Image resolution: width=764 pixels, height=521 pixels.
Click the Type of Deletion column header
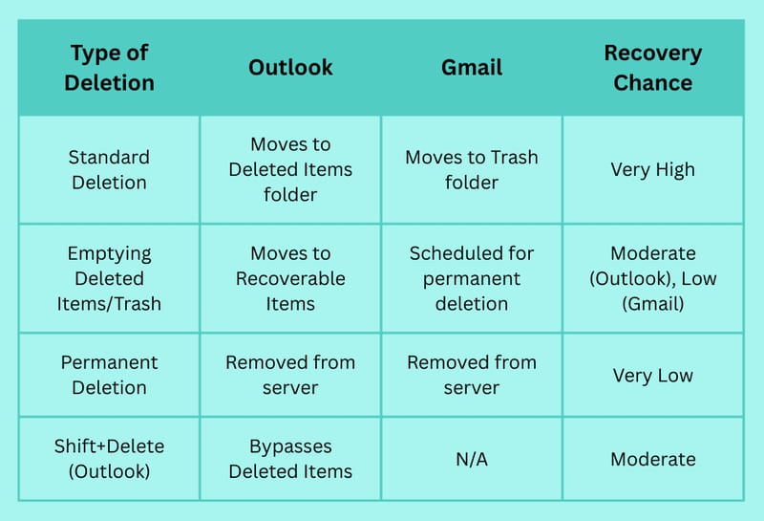(x=109, y=67)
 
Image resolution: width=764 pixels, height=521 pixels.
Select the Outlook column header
(x=290, y=67)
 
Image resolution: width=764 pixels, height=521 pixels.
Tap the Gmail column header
(x=472, y=67)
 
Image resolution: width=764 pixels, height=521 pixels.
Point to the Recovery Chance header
(x=653, y=67)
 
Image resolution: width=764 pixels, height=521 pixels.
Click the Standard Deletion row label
(x=109, y=170)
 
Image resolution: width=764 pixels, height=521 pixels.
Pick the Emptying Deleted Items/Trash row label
(x=109, y=278)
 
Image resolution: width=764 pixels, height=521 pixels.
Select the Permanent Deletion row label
(x=109, y=375)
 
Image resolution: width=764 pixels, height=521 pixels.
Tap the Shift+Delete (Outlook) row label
(x=109, y=459)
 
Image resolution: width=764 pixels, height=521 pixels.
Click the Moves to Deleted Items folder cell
(x=290, y=169)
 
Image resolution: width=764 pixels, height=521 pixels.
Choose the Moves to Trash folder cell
(x=472, y=170)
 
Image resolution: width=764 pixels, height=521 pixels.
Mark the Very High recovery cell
(x=653, y=170)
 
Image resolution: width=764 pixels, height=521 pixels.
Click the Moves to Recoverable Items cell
(x=290, y=278)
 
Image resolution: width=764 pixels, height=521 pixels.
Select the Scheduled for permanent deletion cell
(x=472, y=278)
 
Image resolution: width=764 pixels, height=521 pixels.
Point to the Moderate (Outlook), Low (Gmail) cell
(x=653, y=278)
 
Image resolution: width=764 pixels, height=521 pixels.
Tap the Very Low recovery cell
(x=653, y=375)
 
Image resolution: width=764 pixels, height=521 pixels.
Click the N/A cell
(x=472, y=459)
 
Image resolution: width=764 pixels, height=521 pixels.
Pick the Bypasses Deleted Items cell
(x=290, y=459)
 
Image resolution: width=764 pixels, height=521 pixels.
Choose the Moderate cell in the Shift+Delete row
(x=653, y=459)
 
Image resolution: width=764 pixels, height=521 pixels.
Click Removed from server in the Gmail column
(x=472, y=375)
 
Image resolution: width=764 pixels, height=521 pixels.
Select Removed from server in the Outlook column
(x=290, y=375)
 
